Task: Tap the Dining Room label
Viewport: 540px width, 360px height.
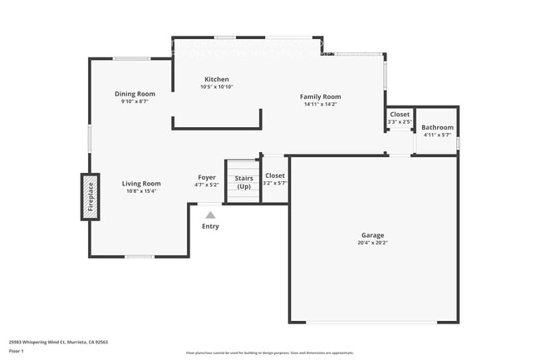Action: coord(135,94)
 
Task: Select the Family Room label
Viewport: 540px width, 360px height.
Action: coord(320,97)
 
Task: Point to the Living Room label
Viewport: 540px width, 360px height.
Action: coord(141,184)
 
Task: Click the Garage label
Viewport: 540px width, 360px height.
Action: coord(373,235)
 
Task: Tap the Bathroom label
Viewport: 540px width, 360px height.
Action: coord(437,127)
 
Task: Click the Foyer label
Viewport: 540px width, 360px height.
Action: coord(207,177)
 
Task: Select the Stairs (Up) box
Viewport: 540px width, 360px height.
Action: coord(243,182)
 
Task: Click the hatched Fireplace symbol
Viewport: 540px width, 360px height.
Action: coord(90,197)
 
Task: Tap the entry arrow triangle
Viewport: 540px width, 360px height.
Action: coord(210,215)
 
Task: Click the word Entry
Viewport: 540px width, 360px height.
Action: coord(210,226)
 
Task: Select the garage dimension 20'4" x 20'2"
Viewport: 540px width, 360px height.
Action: coord(373,243)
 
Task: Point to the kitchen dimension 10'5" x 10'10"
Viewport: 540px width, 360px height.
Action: coord(217,87)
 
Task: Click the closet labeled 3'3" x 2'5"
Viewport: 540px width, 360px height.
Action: coord(400,118)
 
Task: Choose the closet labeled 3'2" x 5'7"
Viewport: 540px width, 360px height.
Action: coord(274,180)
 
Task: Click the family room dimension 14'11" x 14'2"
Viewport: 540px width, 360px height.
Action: coord(320,105)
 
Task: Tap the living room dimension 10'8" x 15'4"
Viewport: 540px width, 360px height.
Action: coord(141,191)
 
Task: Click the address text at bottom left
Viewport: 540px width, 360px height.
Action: coord(58,342)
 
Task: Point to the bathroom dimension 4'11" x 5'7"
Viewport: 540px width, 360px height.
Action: coord(437,135)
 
